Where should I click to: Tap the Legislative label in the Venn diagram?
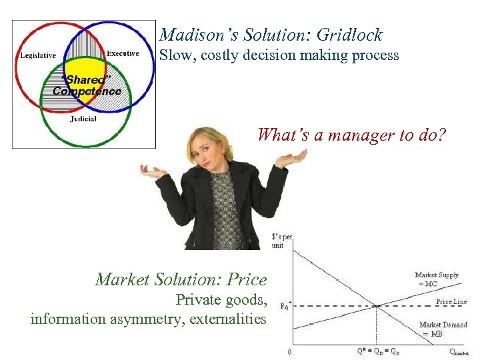(37, 55)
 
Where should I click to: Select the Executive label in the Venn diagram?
(123, 53)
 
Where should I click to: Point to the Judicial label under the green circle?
(83, 119)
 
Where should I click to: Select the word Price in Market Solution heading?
(246, 279)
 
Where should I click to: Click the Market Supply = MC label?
(437, 279)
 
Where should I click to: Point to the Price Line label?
(451, 301)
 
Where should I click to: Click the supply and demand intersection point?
(377, 306)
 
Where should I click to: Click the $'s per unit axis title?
(282, 241)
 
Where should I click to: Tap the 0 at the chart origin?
(289, 351)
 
